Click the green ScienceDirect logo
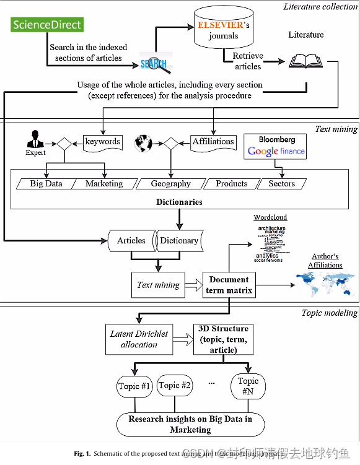(x=46, y=25)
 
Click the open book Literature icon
(x=305, y=61)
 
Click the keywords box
(x=103, y=142)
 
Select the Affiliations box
(x=213, y=142)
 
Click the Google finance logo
(x=276, y=151)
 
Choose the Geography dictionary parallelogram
(x=170, y=184)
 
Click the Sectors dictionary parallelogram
(x=282, y=184)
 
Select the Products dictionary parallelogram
(x=231, y=184)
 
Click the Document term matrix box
(x=229, y=285)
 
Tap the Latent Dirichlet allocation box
(x=139, y=339)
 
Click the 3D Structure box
(x=223, y=339)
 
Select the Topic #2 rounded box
(x=174, y=386)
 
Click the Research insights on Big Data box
(x=190, y=424)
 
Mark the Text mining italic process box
(x=158, y=285)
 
